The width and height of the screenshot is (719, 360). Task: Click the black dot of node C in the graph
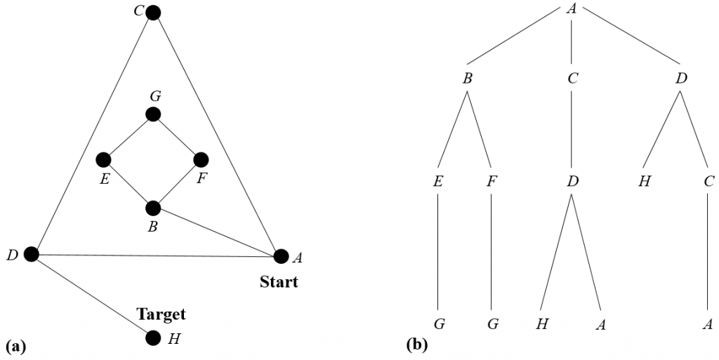(153, 13)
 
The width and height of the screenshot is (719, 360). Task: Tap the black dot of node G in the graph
(153, 114)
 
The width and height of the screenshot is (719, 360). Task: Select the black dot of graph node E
(104, 160)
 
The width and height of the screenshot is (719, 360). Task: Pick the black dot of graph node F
(201, 160)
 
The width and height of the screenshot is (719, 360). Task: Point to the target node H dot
(153, 338)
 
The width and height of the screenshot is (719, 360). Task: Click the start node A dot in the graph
(281, 256)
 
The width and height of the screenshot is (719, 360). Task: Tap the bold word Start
(279, 281)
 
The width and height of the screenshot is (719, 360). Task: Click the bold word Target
(161, 314)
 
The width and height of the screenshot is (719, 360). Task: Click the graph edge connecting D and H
(92, 296)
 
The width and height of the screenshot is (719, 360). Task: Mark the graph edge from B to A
(217, 232)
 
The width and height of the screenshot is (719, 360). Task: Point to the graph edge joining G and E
(128, 137)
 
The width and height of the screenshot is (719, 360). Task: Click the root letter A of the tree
(571, 8)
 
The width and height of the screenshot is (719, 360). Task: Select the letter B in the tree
(467, 79)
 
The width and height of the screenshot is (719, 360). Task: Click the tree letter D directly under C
(572, 181)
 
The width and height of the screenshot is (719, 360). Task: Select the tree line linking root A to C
(572, 41)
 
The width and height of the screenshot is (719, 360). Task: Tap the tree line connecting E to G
(438, 252)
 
